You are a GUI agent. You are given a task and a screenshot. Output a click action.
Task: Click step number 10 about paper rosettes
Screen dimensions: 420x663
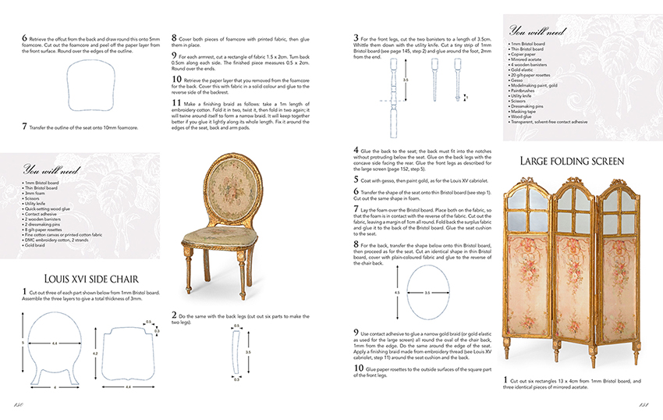(x=358, y=368)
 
